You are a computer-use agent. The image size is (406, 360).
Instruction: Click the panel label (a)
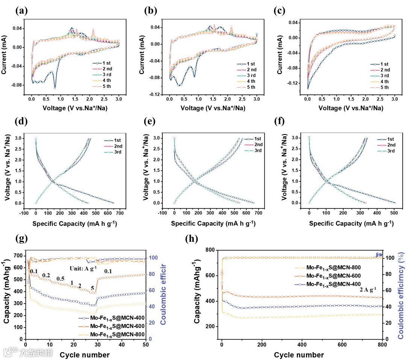click(21, 11)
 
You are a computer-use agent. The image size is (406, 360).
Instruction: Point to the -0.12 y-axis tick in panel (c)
click(295, 83)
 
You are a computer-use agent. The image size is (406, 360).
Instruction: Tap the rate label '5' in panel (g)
click(92, 289)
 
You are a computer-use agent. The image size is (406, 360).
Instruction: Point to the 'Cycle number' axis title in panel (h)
click(299, 355)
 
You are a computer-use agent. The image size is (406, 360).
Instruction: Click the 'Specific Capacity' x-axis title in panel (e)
click(213, 223)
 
